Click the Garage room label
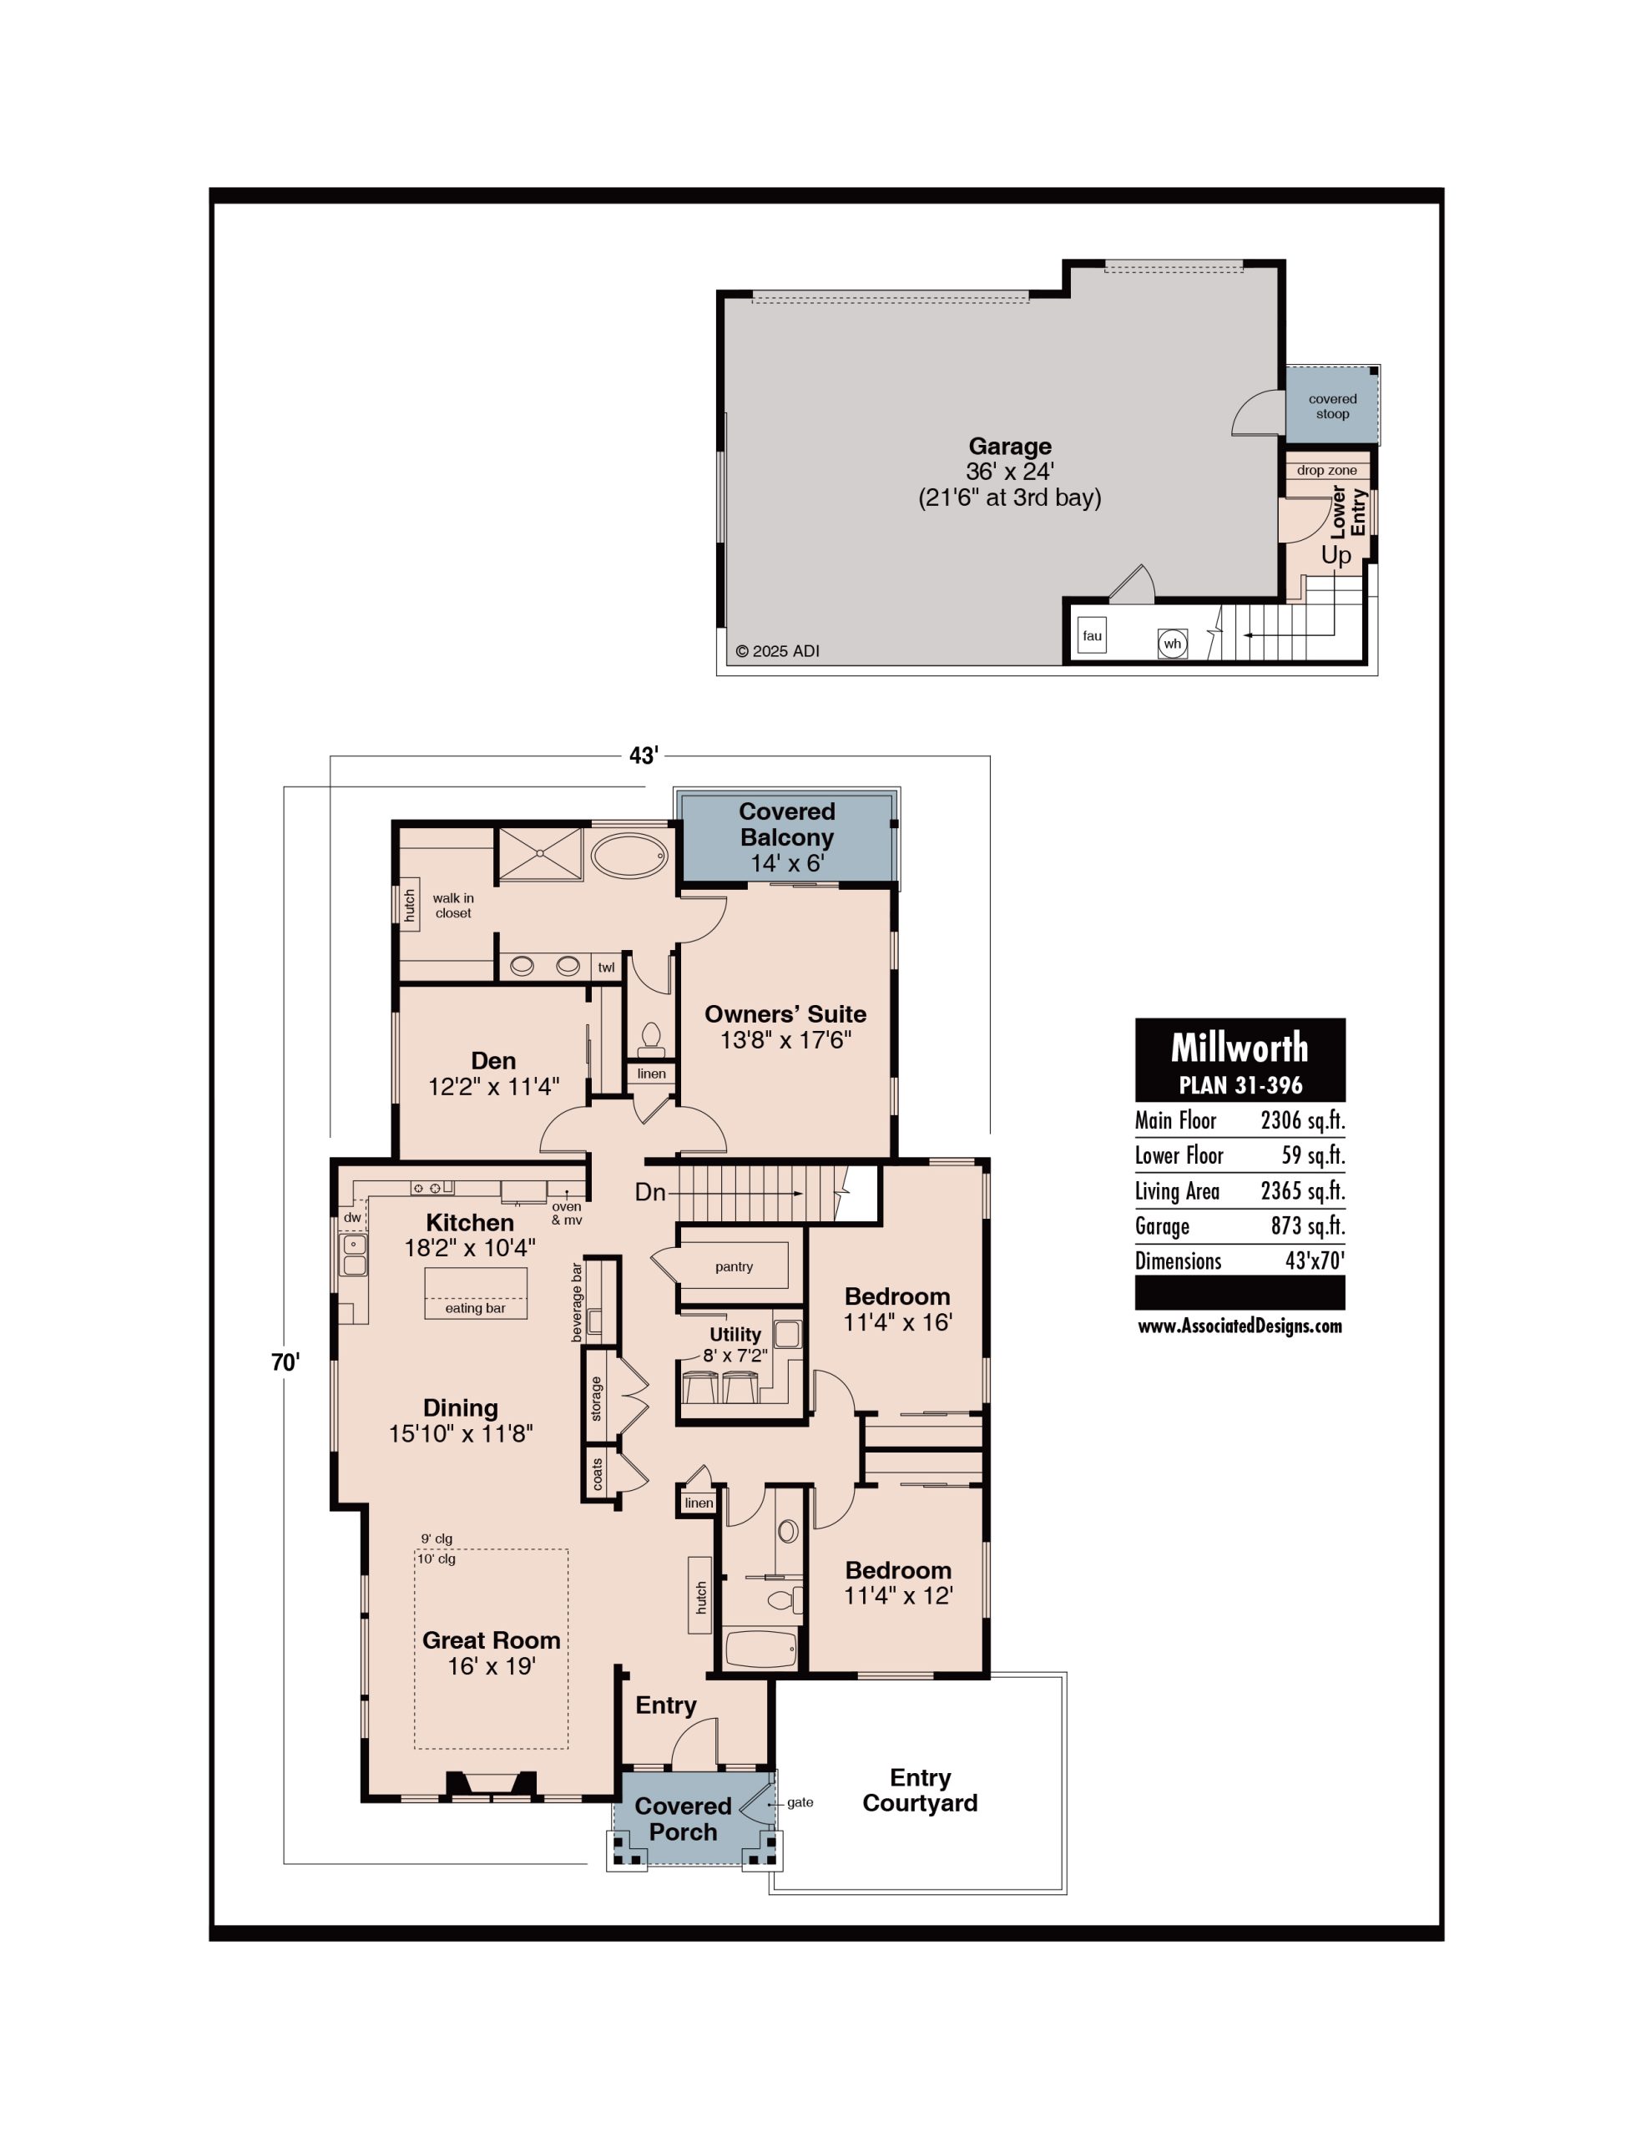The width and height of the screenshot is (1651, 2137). [x=1010, y=447]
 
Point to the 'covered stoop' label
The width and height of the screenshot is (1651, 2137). [x=1332, y=406]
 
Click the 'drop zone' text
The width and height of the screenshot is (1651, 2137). [x=1327, y=470]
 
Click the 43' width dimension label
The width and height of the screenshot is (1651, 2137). [x=643, y=755]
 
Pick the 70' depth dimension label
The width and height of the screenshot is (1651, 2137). [x=285, y=1362]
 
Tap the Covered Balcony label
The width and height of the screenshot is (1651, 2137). [x=787, y=824]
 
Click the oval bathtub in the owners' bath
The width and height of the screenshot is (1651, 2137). [x=629, y=855]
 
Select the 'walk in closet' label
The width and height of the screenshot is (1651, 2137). [x=453, y=905]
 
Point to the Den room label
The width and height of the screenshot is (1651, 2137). [x=493, y=1061]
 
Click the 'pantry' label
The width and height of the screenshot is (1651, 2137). [x=734, y=1266]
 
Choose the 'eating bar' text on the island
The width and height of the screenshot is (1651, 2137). [x=476, y=1308]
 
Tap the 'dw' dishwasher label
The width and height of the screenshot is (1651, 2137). [x=352, y=1217]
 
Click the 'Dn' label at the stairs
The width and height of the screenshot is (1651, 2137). [x=651, y=1192]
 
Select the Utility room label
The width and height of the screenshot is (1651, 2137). [x=735, y=1335]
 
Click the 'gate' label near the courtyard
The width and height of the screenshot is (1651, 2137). [x=800, y=1802]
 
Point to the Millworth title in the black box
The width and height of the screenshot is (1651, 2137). [x=1239, y=1048]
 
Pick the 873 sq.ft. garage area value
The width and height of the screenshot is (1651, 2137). [x=1307, y=1226]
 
